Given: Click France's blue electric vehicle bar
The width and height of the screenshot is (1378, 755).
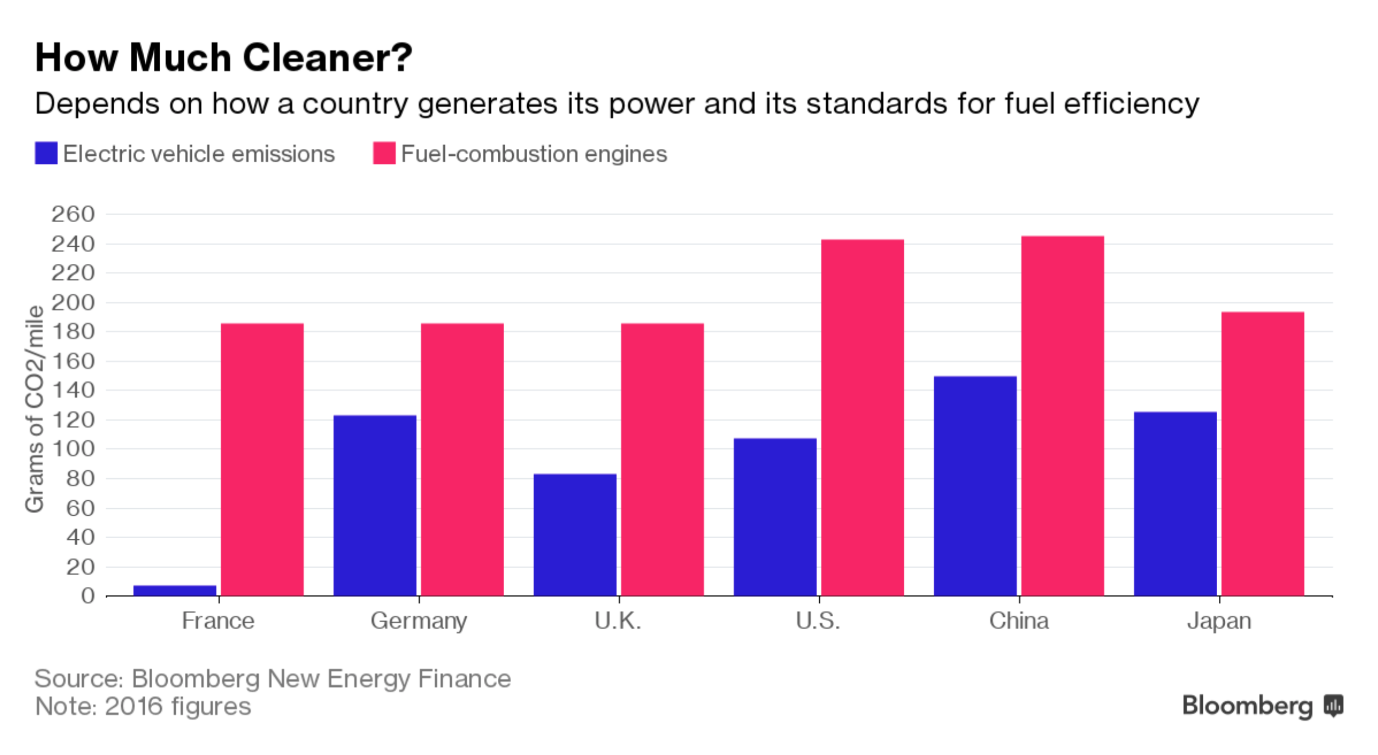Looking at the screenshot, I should (175, 591).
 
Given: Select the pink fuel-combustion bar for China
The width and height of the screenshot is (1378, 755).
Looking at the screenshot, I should (1062, 416).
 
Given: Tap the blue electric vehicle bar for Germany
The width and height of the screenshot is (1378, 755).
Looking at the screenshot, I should (374, 505).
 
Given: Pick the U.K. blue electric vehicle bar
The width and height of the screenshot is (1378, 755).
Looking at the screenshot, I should (575, 534).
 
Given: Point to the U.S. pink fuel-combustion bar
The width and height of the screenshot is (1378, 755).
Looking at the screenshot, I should (863, 417).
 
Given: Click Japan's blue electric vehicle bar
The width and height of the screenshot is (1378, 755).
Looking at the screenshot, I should (1175, 504).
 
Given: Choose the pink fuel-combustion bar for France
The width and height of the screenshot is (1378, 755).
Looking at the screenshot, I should (262, 459).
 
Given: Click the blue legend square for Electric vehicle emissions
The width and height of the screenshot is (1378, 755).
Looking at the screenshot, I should (46, 153).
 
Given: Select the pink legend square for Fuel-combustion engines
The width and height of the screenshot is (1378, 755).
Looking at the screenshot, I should (384, 153).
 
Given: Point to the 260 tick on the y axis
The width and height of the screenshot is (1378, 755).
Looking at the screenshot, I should (73, 215).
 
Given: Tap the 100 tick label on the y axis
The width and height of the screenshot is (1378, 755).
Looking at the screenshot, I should (73, 449).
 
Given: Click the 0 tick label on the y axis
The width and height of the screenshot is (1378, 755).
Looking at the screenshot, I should (88, 596).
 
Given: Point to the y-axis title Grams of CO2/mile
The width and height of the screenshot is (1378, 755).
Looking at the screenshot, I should (35, 409).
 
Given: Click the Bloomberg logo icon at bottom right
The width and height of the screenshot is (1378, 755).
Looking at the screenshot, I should (1334, 706).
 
